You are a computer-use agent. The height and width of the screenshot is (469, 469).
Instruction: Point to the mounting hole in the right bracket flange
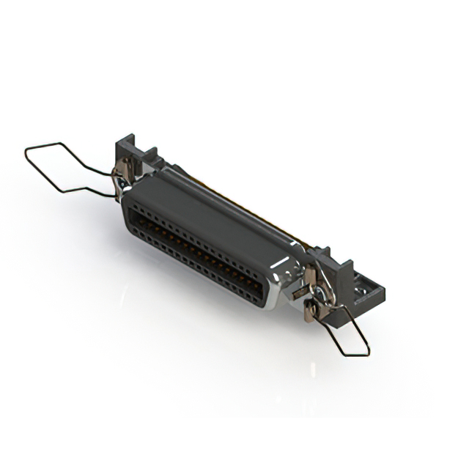(361, 296)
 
